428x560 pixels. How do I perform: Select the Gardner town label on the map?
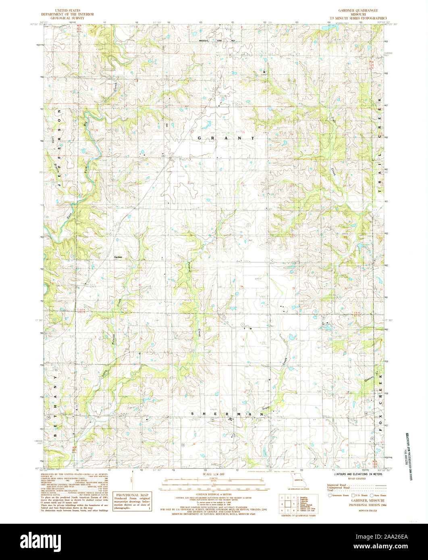point(118,257)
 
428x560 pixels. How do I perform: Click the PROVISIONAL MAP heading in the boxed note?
point(132,495)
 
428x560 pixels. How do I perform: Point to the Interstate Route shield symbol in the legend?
point(330,495)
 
